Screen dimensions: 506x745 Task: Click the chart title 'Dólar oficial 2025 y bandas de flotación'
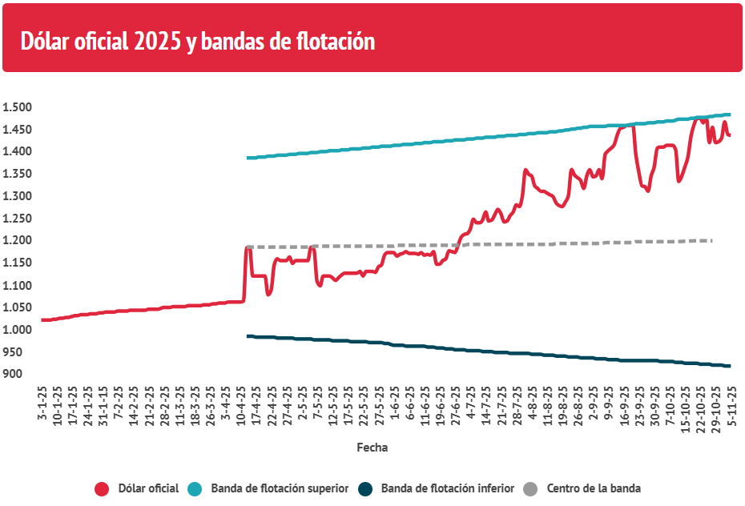(x=197, y=41)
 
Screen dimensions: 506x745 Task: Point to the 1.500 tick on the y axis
(x=17, y=107)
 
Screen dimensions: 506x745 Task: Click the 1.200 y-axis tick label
(x=17, y=241)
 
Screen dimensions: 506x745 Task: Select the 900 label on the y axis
(x=13, y=375)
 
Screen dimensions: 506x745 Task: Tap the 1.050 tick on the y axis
(x=17, y=308)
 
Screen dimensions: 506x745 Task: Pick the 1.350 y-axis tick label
(x=17, y=174)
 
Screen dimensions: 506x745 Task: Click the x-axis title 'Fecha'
(x=372, y=448)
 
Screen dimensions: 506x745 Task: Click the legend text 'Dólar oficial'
(x=148, y=488)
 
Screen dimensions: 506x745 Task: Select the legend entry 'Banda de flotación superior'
(x=280, y=488)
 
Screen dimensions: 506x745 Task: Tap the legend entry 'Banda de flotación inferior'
(x=447, y=488)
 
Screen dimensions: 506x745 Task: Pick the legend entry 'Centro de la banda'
(x=594, y=488)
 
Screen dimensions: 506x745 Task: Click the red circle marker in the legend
(x=102, y=488)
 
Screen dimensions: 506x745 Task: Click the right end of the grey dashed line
(x=711, y=240)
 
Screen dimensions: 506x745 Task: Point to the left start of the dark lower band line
(x=248, y=335)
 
